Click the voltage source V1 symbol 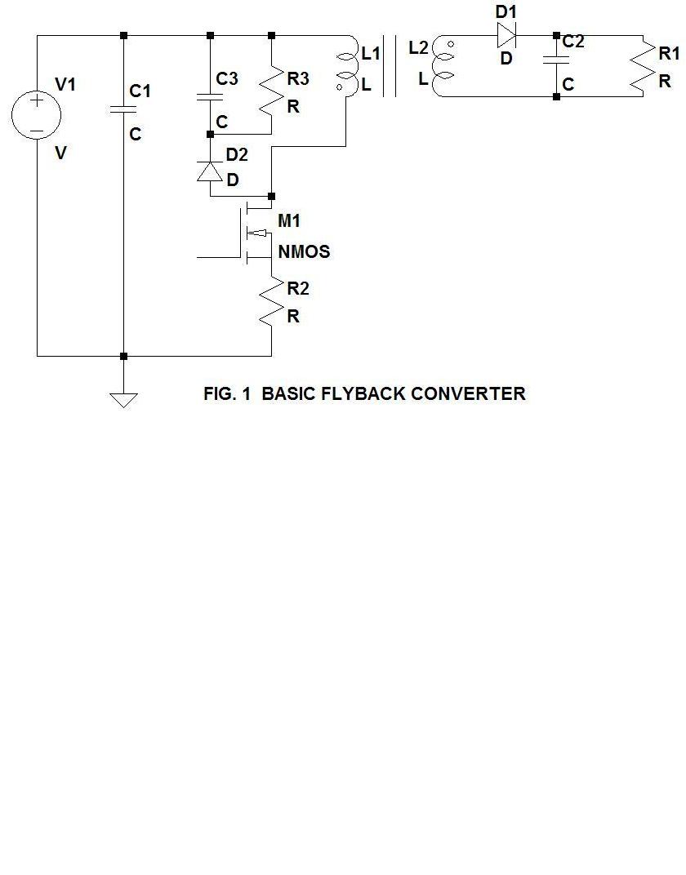tap(37, 115)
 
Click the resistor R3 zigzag tap(271, 84)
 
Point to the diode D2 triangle tap(210, 171)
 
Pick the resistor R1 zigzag tap(644, 66)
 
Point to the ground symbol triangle tap(123, 399)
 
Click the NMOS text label tap(304, 252)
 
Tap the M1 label tap(289, 221)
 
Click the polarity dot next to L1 tap(339, 84)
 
